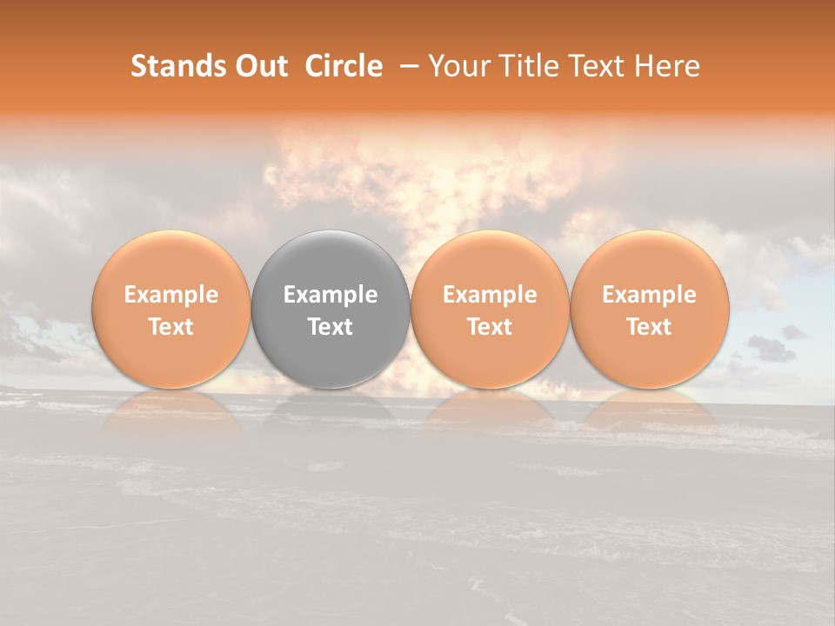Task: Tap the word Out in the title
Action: tap(259, 66)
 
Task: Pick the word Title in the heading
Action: tap(524, 66)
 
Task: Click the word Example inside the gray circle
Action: tap(331, 295)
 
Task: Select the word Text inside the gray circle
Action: tap(331, 327)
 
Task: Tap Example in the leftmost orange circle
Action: tap(171, 295)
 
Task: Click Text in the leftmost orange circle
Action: tap(171, 327)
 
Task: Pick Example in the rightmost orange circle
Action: tap(650, 295)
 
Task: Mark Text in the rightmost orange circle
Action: tap(650, 327)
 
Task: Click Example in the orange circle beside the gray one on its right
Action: tap(491, 295)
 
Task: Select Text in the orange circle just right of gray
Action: tap(491, 327)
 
